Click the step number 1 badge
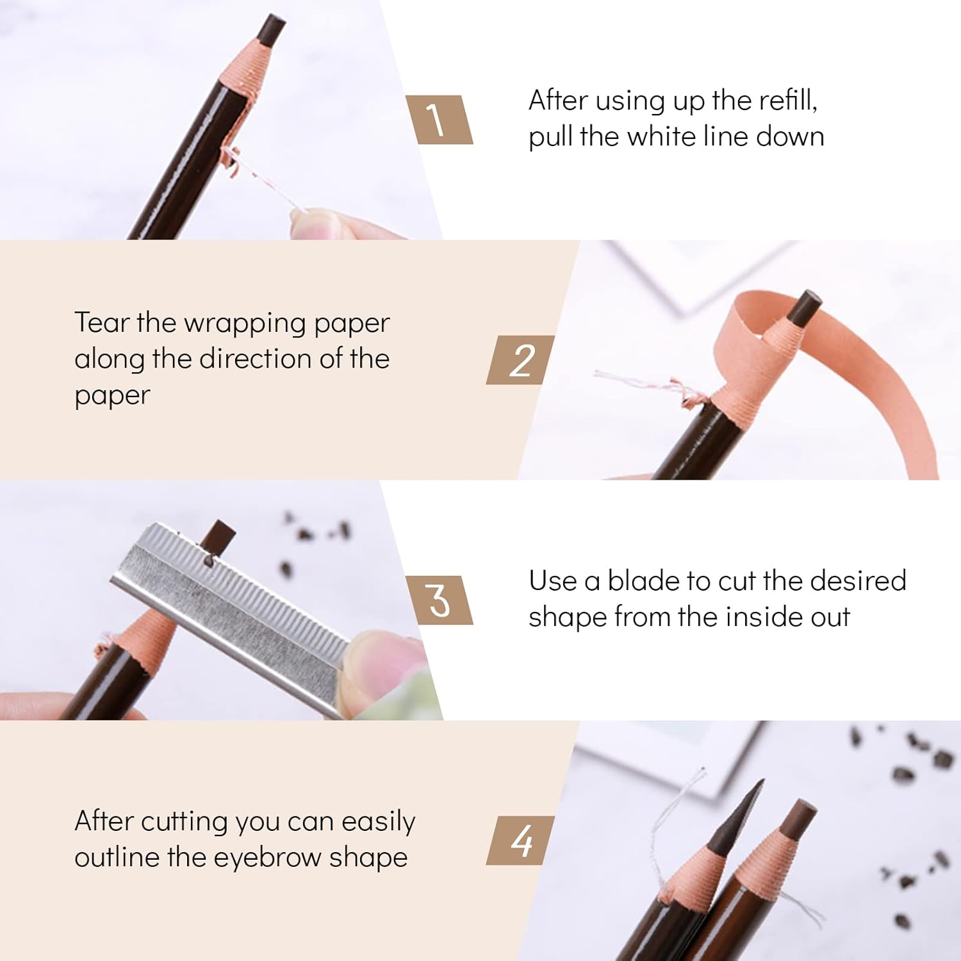click(x=439, y=120)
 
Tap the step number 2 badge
click(x=520, y=360)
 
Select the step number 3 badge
click(x=439, y=600)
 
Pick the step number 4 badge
click(x=520, y=840)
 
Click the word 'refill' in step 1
click(x=787, y=101)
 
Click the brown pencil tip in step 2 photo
click(x=805, y=306)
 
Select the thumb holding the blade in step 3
click(x=384, y=660)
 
